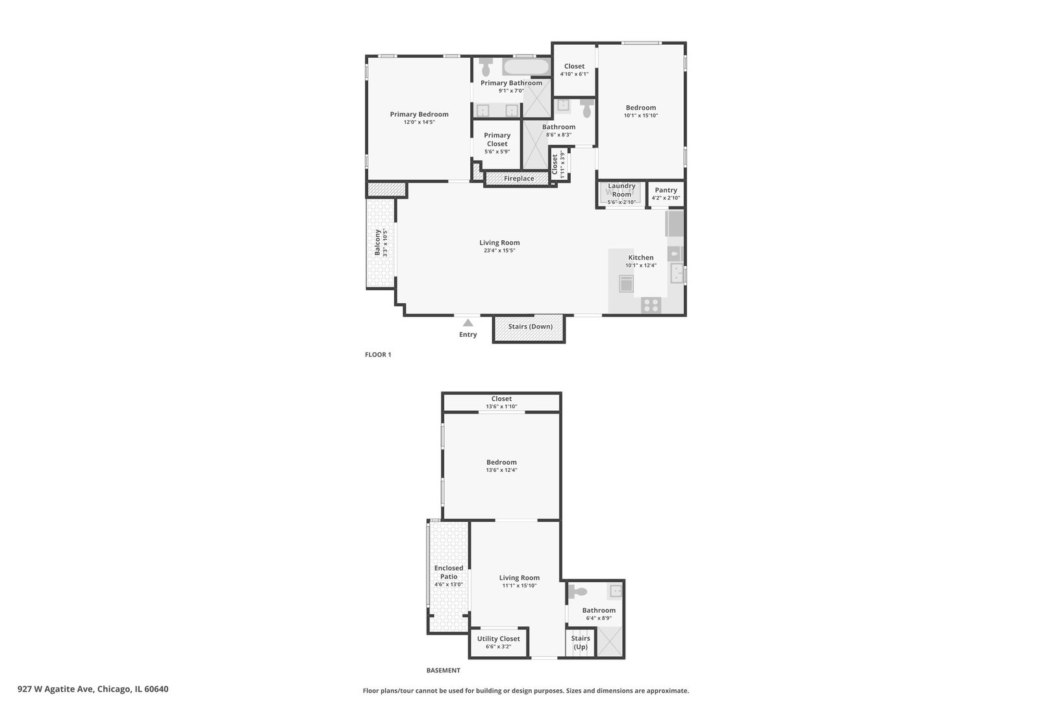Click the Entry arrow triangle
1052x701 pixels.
468,323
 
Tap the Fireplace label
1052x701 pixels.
519,178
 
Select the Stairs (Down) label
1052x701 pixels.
530,326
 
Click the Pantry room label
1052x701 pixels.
666,190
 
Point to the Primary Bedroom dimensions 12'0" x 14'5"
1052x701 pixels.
419,122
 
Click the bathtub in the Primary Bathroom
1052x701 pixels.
526,67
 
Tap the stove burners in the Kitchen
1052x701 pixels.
651,304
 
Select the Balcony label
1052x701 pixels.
377,242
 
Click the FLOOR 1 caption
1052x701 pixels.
378,354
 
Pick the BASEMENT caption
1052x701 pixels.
443,670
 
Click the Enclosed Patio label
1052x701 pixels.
449,572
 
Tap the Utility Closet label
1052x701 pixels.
498,639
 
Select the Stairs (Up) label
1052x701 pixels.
581,643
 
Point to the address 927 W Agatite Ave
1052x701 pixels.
93,689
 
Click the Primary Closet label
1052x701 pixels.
497,140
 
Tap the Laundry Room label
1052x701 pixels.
621,190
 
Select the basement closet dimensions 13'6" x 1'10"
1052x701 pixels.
501,407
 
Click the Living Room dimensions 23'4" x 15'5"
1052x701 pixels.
499,251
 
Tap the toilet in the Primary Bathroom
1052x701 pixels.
486,66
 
